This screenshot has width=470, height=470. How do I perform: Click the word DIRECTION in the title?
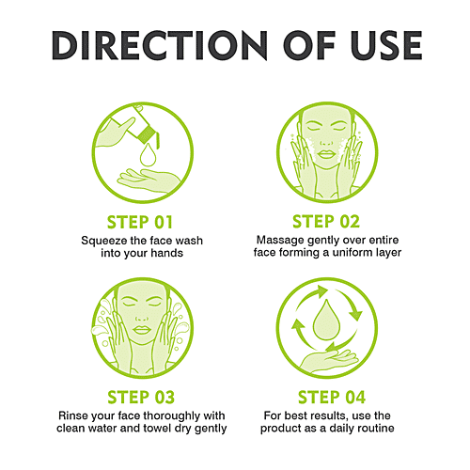(x=160, y=45)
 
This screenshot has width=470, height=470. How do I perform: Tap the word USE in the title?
(x=386, y=45)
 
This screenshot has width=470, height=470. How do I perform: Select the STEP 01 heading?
(x=140, y=223)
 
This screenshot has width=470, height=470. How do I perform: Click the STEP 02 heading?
(x=326, y=222)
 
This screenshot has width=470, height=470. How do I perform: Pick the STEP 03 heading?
(x=141, y=398)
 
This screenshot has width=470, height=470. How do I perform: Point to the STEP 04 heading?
(x=332, y=398)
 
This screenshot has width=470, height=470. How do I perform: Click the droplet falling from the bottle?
(x=148, y=155)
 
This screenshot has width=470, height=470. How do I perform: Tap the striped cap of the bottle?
(x=147, y=133)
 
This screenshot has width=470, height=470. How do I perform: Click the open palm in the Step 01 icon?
(x=148, y=181)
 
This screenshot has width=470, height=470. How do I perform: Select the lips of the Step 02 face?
(x=326, y=154)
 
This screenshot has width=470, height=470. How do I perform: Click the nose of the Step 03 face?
(x=142, y=317)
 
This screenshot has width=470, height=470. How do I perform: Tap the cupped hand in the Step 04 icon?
(x=329, y=360)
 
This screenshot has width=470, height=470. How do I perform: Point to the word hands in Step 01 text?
(x=166, y=253)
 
